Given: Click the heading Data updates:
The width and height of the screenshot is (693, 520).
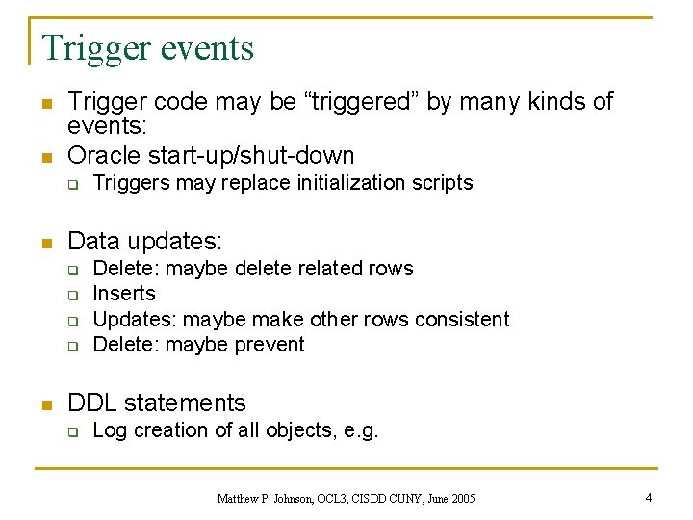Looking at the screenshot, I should [144, 240].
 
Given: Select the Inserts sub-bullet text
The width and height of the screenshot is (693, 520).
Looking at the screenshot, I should [124, 294].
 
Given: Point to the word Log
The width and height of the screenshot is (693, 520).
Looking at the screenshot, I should [110, 430].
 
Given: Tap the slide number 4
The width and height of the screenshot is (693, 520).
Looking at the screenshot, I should [649, 498].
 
